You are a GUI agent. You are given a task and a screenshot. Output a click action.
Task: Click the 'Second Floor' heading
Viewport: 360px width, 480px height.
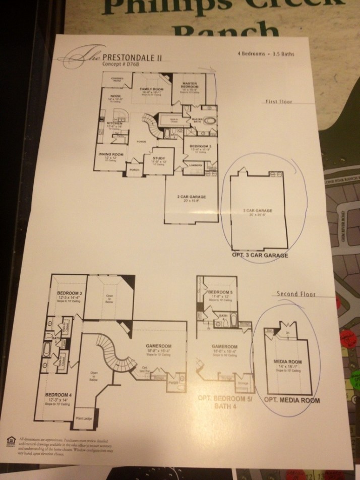296,293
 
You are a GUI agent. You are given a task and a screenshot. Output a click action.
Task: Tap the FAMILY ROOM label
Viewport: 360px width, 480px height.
149,89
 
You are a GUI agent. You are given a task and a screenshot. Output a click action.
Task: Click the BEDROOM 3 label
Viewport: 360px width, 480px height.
67,294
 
